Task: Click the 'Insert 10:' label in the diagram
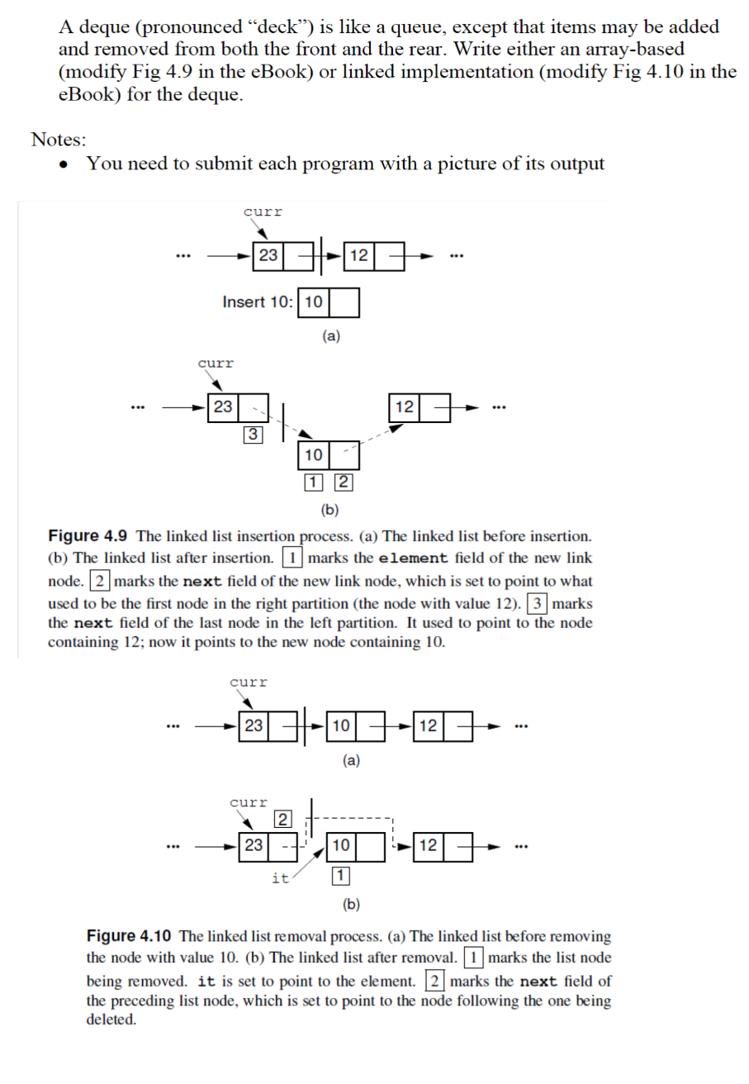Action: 257,302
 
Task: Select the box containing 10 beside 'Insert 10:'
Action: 313,302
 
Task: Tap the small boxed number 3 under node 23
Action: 254,434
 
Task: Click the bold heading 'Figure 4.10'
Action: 128,936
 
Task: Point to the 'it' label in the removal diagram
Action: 280,878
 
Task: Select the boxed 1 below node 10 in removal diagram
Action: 340,876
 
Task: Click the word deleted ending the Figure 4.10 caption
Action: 111,1020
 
